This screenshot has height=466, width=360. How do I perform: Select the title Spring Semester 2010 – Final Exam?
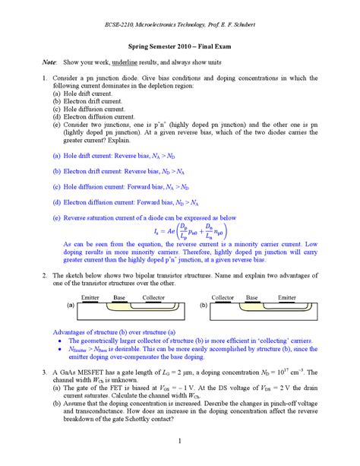coord(179,46)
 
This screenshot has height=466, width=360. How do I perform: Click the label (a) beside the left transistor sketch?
coord(49,305)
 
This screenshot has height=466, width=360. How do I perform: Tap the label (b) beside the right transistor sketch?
coord(202,305)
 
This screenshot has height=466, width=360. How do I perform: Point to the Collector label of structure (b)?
coord(223,297)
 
